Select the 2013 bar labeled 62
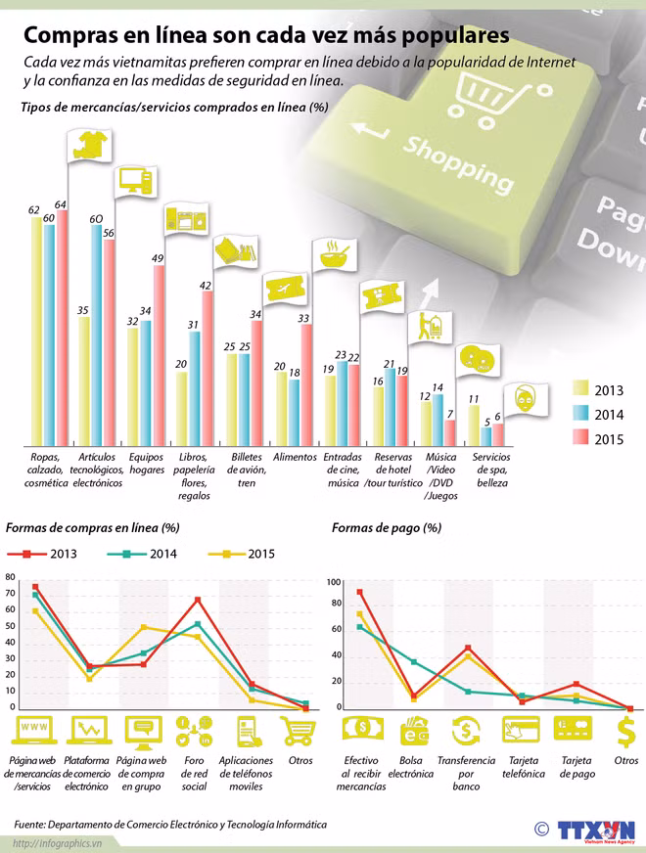click(x=36, y=333)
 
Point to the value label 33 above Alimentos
click(x=303, y=319)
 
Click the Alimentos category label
click(x=295, y=457)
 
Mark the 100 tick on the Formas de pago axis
click(x=333, y=582)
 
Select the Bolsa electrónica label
click(x=410, y=766)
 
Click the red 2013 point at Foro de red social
click(x=198, y=600)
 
